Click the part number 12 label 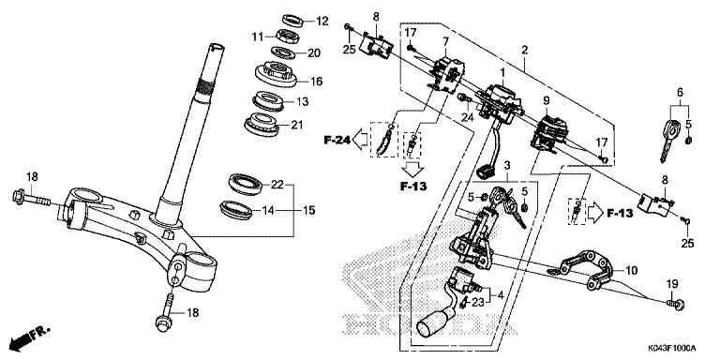pos(322,22)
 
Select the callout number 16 pos(316,82)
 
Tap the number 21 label pos(297,125)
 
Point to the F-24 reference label pos(337,141)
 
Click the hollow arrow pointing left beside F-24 pos(360,141)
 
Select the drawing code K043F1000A pos(672,348)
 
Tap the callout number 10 pos(632,270)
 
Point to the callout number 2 pos(524,50)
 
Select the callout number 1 pos(502,72)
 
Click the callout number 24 pos(468,117)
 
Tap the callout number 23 pos(477,302)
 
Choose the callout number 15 pos(309,210)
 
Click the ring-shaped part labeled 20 pos(283,52)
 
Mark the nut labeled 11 pos(288,36)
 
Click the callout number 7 pos(445,42)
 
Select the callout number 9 pos(546,99)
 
